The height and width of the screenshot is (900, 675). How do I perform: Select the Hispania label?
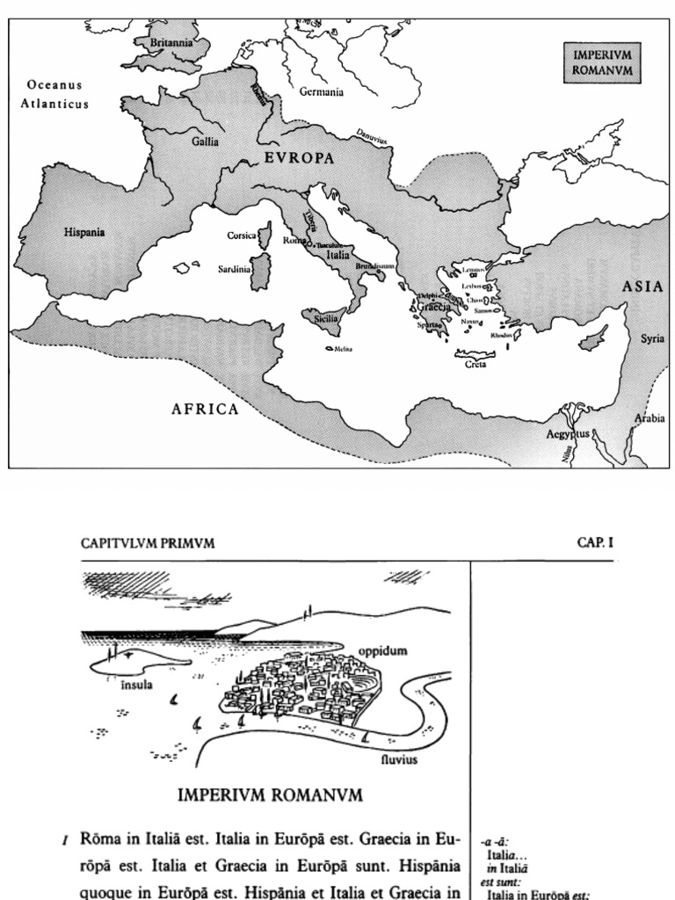84,232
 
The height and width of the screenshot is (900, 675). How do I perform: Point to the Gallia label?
206,141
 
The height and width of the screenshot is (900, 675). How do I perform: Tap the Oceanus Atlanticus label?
54,94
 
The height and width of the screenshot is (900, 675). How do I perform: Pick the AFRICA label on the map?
205,409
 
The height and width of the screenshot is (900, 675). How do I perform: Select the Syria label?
652,338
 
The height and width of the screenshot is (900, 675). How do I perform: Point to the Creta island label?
475,364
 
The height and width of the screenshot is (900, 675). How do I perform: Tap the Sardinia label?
235,270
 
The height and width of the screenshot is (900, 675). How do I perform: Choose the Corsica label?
242,236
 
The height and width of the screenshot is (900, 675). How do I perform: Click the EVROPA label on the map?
300,158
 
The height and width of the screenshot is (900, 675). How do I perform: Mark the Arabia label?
650,418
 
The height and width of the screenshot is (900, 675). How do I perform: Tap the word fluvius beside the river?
398,758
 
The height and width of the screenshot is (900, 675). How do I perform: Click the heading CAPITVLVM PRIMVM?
148,543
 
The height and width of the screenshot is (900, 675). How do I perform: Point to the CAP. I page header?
594,543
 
